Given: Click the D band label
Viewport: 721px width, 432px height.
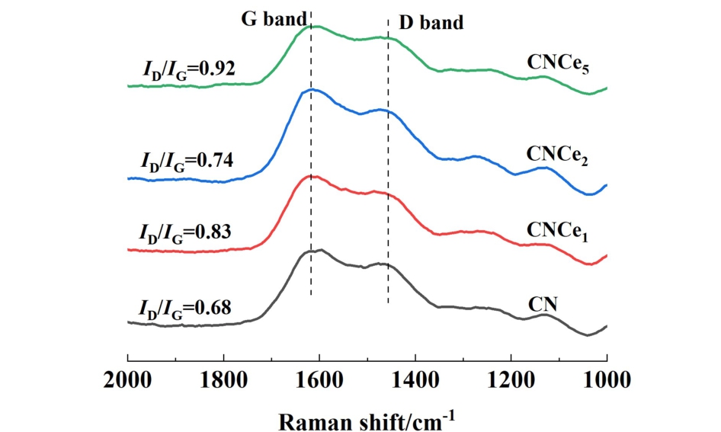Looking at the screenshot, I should (431, 22).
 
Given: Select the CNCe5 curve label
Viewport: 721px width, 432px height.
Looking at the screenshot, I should (559, 63).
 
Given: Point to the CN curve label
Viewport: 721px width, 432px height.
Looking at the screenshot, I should (543, 304).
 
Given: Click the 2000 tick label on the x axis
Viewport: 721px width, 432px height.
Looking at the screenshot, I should (127, 378).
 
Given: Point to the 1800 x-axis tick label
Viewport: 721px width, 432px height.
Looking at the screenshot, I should (223, 378).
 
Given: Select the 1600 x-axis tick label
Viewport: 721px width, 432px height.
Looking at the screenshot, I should (319, 378).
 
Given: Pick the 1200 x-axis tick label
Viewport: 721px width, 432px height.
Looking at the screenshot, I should (511, 378).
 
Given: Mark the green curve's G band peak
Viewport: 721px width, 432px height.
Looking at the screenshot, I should (311, 27).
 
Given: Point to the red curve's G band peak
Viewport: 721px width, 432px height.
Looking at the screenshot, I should (310, 176).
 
